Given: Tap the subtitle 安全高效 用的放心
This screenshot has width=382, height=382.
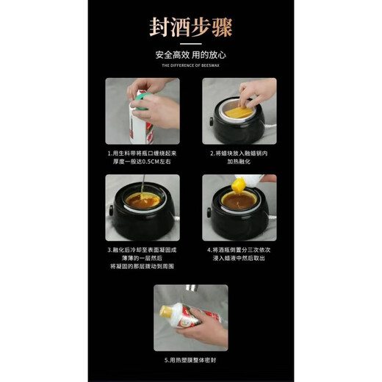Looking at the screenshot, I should coord(190,55).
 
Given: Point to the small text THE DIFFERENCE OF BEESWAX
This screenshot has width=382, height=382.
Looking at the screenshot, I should coord(190,66).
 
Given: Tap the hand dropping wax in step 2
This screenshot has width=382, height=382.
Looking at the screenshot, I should coord(257,92).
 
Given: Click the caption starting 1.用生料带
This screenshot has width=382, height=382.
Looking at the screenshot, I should coord(143,154).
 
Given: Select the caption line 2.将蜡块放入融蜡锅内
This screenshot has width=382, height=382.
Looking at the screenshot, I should coord(239,154).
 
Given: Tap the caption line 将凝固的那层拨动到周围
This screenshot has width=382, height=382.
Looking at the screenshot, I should coord(143,267).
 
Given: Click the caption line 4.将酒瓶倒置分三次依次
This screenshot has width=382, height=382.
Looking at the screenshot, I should coord(239,249).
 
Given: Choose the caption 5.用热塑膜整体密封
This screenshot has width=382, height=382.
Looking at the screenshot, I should coord(190,361).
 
